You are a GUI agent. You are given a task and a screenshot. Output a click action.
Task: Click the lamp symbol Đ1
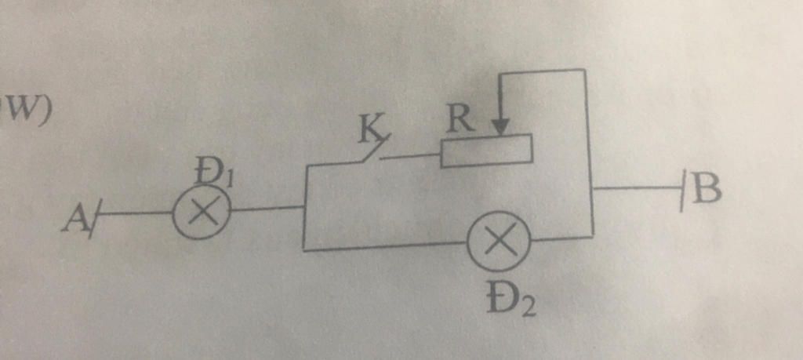click(202, 211)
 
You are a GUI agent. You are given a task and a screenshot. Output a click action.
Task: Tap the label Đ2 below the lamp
click(511, 304)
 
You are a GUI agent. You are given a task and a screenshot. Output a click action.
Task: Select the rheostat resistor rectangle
click(486, 151)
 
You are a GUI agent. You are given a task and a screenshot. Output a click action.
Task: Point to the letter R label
click(458, 120)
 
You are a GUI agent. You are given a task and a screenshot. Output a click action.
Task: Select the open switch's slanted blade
click(376, 148)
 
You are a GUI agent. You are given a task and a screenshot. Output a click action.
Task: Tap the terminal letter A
click(73, 220)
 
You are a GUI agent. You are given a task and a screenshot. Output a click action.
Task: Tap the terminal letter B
click(707, 188)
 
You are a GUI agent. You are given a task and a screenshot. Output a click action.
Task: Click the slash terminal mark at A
click(95, 219)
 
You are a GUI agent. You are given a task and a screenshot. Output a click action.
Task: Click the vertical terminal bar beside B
click(683, 192)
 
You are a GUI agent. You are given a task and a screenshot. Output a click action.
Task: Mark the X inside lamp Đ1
click(202, 211)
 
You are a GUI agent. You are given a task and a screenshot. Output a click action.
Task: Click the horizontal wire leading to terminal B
click(637, 188)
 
